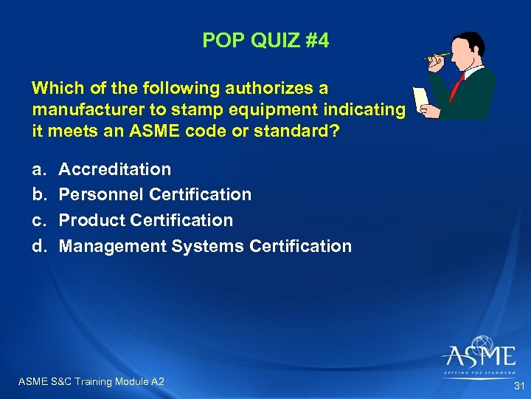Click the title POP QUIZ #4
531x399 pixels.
pyautogui.click(x=265, y=40)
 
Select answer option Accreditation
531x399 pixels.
pyautogui.click(x=114, y=169)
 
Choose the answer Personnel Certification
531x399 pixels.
pyautogui.click(x=155, y=194)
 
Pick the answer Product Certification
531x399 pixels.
pyautogui.click(x=145, y=220)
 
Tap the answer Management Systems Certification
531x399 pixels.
pyautogui.click(x=205, y=246)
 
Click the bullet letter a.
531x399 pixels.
pyautogui.click(x=37, y=170)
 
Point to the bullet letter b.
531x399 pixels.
pyautogui.click(x=37, y=195)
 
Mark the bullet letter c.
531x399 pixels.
pyautogui.click(x=37, y=221)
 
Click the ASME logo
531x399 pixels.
pyautogui.click(x=479, y=356)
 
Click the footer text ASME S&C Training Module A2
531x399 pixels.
pyautogui.click(x=91, y=381)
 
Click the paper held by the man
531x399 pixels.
pyautogui.click(x=422, y=100)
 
